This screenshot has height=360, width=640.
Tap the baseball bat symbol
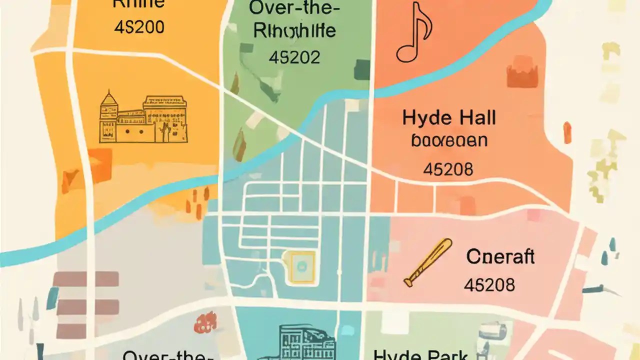tap(427, 262)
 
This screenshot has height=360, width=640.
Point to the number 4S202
tap(294, 57)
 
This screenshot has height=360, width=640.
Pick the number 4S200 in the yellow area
tap(139, 27)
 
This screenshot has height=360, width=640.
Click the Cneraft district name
tap(500, 256)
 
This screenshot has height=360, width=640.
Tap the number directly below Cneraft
tap(489, 285)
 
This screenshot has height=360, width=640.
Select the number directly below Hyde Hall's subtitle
tap(448, 169)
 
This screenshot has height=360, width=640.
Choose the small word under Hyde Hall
tap(449, 140)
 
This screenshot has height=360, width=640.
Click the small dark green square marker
tap(362, 70)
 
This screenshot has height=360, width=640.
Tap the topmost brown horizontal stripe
tap(85, 279)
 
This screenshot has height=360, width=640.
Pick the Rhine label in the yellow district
tap(138, 4)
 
